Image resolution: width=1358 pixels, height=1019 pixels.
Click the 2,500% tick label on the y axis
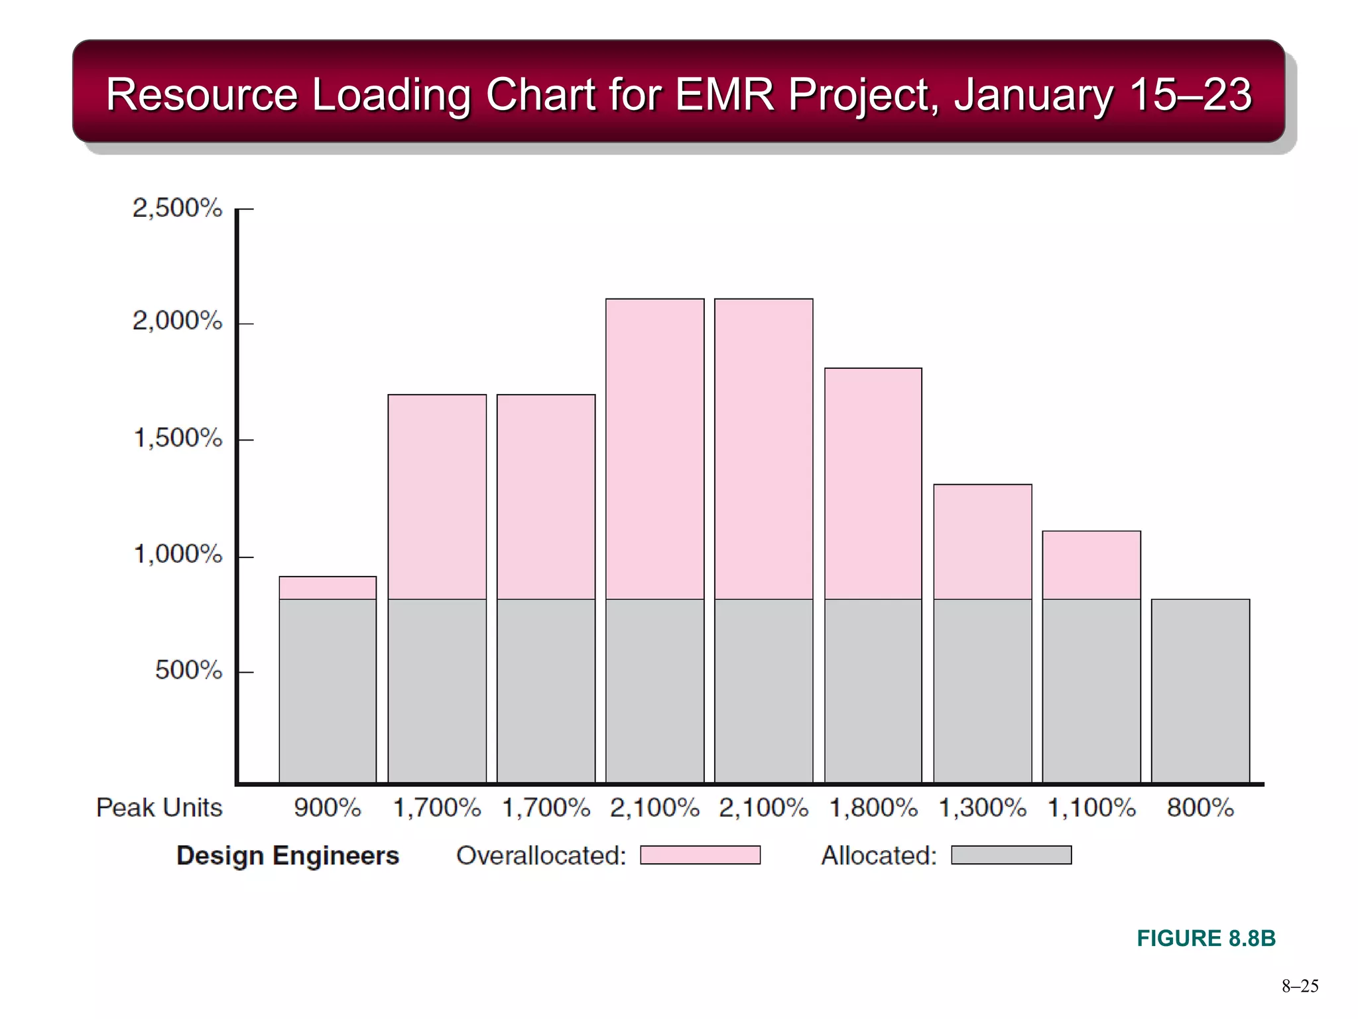click(x=177, y=208)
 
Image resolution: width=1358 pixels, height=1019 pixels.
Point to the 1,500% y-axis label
click(x=178, y=438)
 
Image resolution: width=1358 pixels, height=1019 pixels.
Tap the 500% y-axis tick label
click(x=188, y=670)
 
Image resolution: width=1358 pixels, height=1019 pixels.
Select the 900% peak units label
click(x=328, y=808)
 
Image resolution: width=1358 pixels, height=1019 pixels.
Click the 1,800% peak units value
click(x=873, y=808)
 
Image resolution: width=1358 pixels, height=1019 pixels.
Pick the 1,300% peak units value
click(x=982, y=808)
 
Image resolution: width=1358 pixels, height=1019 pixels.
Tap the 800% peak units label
click(x=1200, y=808)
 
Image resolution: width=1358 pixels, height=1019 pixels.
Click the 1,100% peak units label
click(x=1091, y=808)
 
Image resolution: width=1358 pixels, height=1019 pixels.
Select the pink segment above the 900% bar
click(x=328, y=588)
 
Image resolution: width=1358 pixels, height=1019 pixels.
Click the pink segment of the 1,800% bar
click(x=873, y=484)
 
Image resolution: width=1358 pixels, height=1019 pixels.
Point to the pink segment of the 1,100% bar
click(x=1091, y=565)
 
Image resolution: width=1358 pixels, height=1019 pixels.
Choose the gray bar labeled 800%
click(x=1200, y=691)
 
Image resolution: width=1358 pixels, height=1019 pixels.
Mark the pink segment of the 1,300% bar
click(x=982, y=542)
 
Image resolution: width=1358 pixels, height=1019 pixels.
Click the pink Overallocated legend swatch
click(x=700, y=855)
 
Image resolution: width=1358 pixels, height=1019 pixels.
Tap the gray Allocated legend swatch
click(x=1011, y=855)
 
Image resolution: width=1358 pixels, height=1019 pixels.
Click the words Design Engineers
click(x=288, y=856)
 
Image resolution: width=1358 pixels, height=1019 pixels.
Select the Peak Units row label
click(x=159, y=808)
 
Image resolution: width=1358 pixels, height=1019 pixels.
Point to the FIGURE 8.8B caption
click(x=1206, y=938)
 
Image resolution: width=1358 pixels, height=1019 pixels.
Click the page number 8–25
click(x=1300, y=986)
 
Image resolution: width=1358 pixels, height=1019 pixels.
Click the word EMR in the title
click(x=724, y=94)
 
